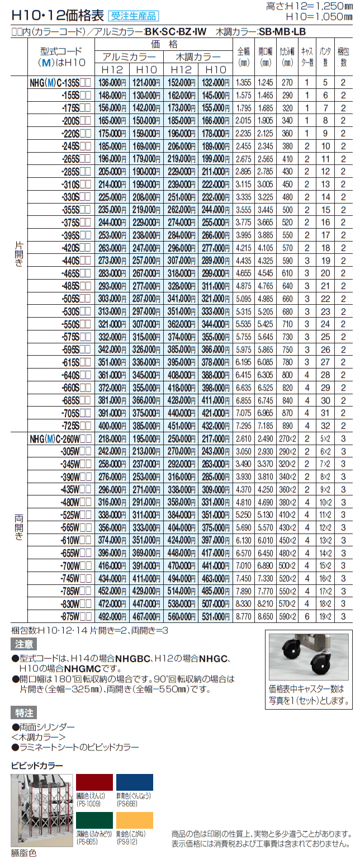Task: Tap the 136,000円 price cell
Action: point(112,82)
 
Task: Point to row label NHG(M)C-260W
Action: point(61,439)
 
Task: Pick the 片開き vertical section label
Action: point(18,254)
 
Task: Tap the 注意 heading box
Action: point(24,644)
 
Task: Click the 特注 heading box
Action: point(24,712)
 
